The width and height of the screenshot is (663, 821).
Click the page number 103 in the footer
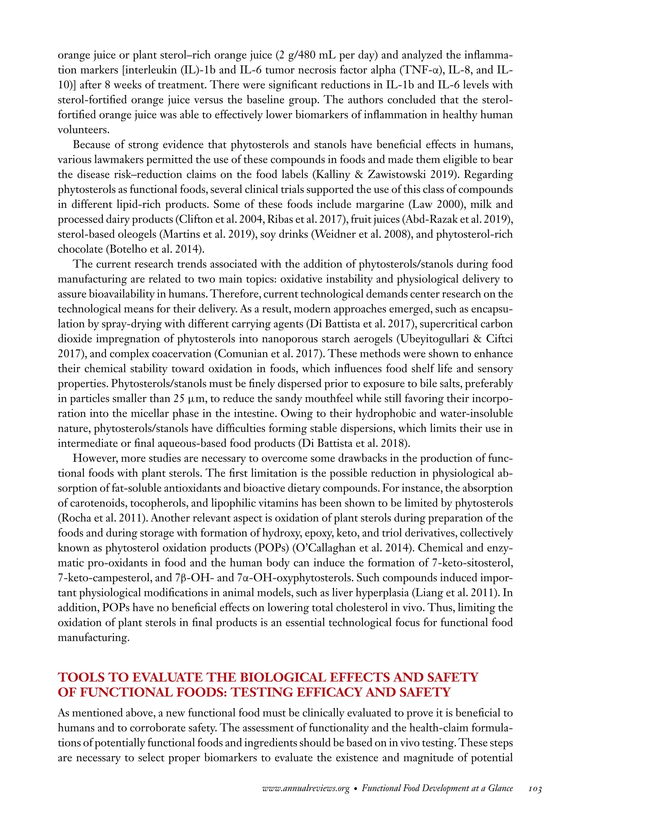[535, 789]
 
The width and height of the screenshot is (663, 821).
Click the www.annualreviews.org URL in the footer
[306, 789]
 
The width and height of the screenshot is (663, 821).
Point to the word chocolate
[80, 249]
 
